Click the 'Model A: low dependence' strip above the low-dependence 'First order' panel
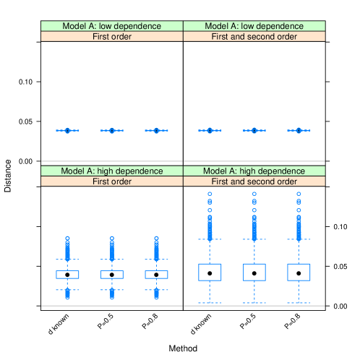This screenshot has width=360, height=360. click(x=112, y=26)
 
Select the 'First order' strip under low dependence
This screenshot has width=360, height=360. click(x=112, y=36)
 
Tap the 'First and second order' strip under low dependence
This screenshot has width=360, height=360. click(x=254, y=36)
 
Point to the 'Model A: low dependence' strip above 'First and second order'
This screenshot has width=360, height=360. click(x=254, y=26)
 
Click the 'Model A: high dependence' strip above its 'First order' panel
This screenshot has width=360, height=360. click(x=112, y=171)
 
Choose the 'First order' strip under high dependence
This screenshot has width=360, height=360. click(x=112, y=181)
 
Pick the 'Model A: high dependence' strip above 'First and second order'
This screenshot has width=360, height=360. click(x=254, y=171)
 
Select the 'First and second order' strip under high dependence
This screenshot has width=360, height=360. click(x=254, y=181)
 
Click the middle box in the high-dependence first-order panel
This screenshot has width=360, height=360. click(x=112, y=274)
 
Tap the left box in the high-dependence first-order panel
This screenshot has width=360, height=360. click(x=67, y=274)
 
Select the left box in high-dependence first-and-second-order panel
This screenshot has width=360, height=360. click(x=210, y=272)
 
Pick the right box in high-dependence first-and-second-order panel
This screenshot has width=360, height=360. click(x=299, y=272)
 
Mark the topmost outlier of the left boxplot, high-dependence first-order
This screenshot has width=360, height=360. click(x=67, y=238)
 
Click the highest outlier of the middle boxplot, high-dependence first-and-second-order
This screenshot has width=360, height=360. click(x=254, y=194)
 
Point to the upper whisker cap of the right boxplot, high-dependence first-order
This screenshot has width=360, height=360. click(x=156, y=259)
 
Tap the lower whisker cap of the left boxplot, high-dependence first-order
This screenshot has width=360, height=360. click(x=67, y=290)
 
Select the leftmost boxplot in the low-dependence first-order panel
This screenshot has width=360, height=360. click(x=67, y=131)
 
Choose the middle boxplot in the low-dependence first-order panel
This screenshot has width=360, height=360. click(x=112, y=131)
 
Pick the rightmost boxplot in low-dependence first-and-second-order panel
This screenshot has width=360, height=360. click(x=299, y=131)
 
